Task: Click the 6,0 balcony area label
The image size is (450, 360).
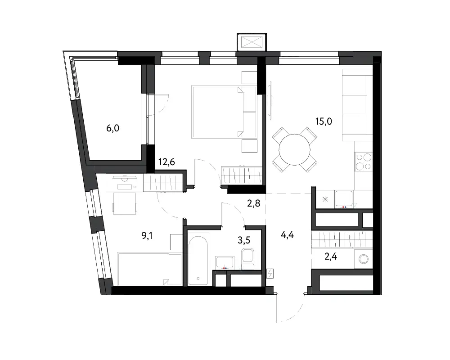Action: click(113, 128)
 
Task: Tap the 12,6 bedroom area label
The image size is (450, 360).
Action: click(166, 162)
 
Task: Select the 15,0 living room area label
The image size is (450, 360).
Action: click(324, 121)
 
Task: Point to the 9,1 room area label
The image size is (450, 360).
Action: click(147, 236)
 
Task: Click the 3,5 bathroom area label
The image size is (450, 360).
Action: click(243, 240)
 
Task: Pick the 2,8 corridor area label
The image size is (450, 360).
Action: click(254, 203)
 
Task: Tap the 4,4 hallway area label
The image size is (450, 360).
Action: click(287, 235)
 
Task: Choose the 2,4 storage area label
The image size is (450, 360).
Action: click(331, 256)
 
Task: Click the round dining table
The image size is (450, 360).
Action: click(295, 149)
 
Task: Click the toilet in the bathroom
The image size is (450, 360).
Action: click(247, 259)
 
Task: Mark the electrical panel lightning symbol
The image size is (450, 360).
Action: click(270, 274)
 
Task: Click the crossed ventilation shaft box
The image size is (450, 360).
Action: click(252, 42)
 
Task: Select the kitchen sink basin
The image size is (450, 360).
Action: click(344, 198)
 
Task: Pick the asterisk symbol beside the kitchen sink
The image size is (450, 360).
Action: click(325, 199)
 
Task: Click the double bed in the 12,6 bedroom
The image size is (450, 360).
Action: click(224, 112)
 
